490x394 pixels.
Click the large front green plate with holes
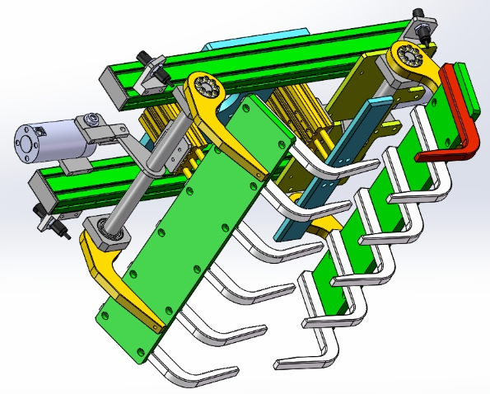coord(189,231)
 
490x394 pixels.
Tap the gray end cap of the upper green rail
coord(114,87)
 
